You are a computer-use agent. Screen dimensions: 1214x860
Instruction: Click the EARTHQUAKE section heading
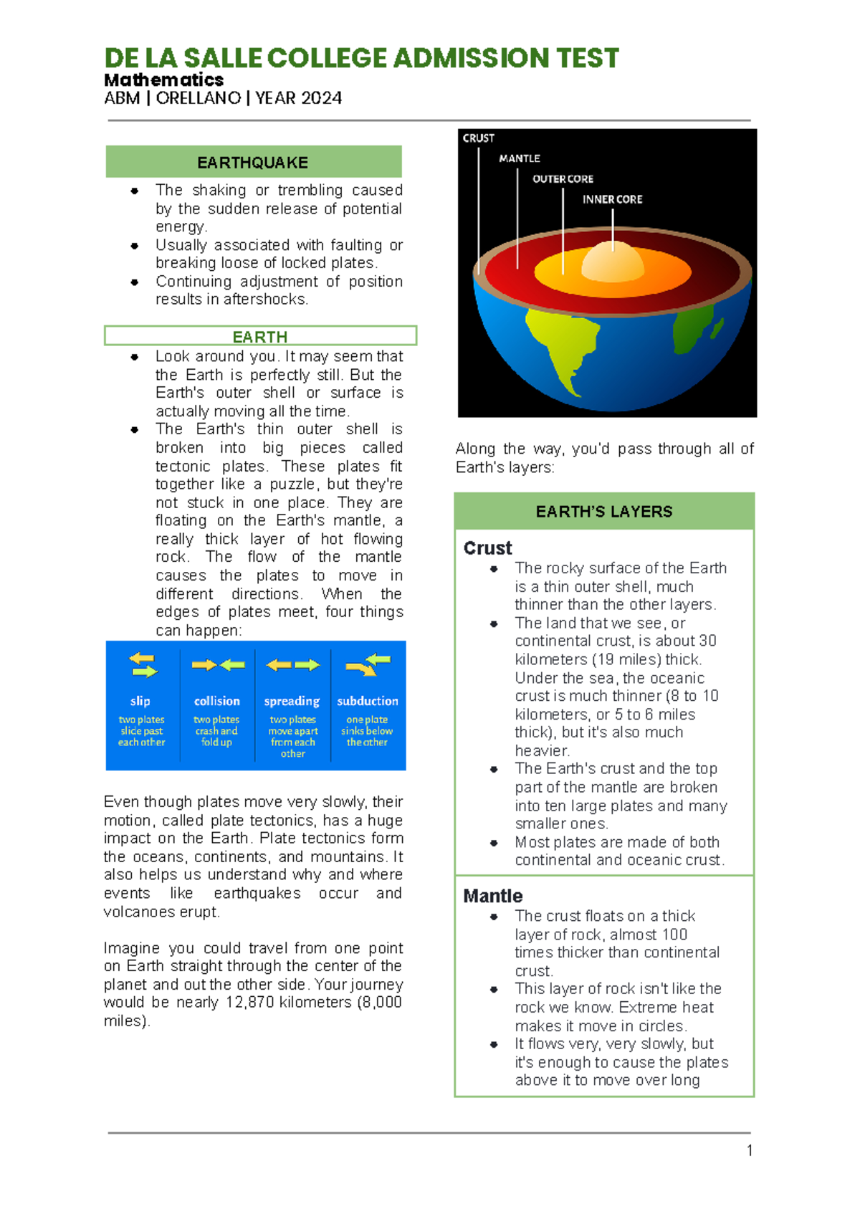[253, 163]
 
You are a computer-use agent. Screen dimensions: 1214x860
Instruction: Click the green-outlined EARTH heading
[259, 337]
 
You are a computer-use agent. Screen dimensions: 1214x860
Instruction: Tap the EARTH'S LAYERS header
[604, 512]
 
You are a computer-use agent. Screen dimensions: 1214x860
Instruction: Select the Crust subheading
[487, 548]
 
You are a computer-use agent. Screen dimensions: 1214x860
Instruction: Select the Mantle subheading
[493, 896]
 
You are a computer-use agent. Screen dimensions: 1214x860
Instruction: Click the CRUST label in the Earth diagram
[478, 138]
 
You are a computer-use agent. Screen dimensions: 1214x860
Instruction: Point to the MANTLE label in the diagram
[520, 158]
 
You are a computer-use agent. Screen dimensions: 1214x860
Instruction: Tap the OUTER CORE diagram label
[563, 179]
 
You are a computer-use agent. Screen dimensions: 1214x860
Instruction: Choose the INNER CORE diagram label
[612, 199]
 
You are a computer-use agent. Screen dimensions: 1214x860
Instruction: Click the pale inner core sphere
[613, 262]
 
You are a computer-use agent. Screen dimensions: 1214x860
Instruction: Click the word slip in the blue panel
[140, 701]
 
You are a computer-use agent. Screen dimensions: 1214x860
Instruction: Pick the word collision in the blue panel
[217, 701]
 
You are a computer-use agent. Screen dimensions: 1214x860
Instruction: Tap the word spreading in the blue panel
[292, 701]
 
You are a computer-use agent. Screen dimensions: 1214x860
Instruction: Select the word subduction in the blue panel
[368, 701]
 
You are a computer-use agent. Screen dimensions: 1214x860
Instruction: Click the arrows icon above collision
[218, 665]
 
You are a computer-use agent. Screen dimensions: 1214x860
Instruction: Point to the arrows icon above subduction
[368, 664]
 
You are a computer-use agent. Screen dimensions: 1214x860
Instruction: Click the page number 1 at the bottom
[750, 1151]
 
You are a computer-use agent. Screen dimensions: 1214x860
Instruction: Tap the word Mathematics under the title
[164, 80]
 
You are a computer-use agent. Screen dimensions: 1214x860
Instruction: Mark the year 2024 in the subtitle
[320, 98]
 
